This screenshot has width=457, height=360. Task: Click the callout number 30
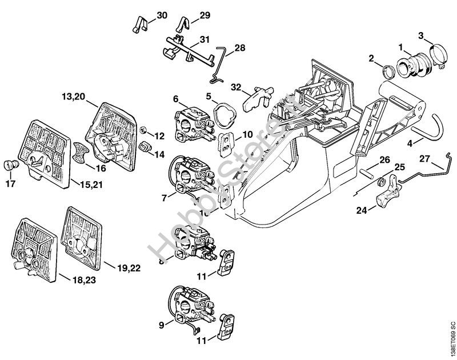point(162,15)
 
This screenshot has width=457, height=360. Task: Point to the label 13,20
point(74,98)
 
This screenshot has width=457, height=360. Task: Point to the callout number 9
point(161,325)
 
